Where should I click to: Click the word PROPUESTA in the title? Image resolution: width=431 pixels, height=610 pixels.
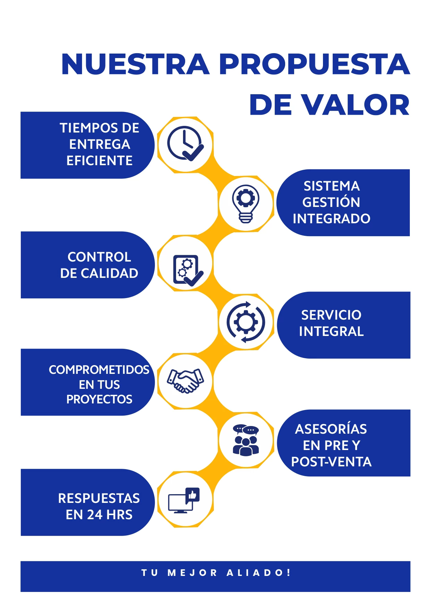(x=314, y=64)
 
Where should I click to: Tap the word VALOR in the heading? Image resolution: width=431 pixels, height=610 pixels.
(x=355, y=105)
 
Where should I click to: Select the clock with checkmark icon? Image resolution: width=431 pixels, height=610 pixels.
(x=185, y=144)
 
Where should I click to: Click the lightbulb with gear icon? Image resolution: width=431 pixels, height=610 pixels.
(x=246, y=203)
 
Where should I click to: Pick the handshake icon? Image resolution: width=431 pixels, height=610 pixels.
(x=185, y=381)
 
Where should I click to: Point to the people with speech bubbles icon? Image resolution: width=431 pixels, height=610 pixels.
(x=246, y=440)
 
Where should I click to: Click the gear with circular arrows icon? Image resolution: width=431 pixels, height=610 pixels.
(x=246, y=322)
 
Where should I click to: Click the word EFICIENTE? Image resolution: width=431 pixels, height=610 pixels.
(x=99, y=161)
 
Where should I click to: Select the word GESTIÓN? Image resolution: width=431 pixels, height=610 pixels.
(x=331, y=202)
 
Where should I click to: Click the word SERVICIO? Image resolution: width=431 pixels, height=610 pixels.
(x=331, y=315)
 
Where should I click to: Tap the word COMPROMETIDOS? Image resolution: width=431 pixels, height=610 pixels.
(x=99, y=370)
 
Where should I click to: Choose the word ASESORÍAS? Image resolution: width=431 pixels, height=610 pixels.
(x=331, y=429)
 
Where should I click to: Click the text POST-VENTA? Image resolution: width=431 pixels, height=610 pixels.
(x=331, y=462)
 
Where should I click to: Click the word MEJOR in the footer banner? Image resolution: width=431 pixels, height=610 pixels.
(x=192, y=573)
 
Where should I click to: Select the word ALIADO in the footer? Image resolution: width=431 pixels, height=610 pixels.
(x=255, y=573)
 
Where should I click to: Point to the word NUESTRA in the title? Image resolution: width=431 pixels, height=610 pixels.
(x=135, y=64)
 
